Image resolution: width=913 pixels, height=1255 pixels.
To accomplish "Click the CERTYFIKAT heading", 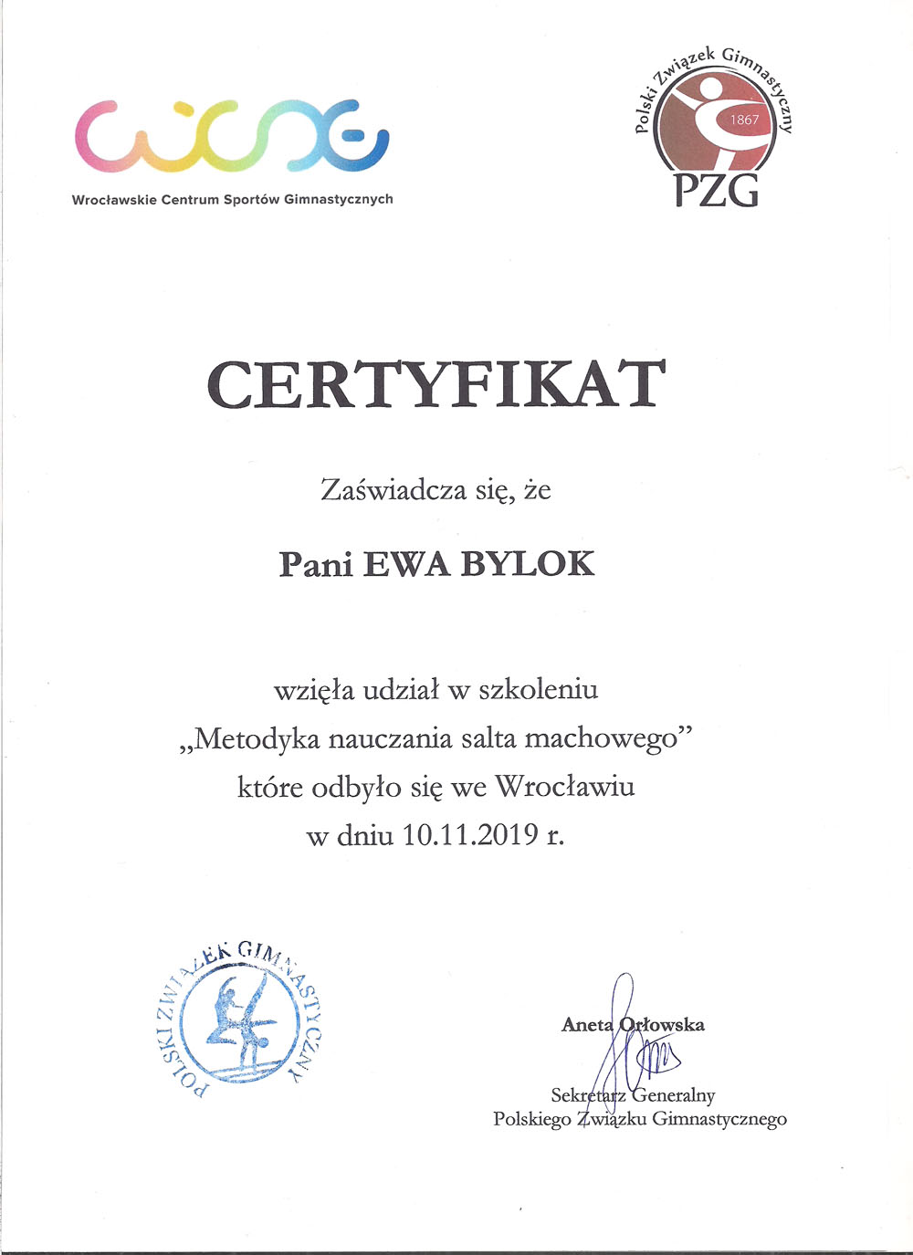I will (x=436, y=384).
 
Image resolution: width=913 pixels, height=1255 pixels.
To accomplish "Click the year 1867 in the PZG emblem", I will (x=744, y=120).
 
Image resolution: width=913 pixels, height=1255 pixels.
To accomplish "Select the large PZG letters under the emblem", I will (x=716, y=189).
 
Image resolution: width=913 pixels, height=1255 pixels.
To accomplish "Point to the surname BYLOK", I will (x=527, y=563).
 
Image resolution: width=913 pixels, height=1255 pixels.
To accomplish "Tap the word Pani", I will (x=316, y=564).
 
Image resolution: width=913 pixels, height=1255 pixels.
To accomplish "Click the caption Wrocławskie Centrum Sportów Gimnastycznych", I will (x=232, y=199).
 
